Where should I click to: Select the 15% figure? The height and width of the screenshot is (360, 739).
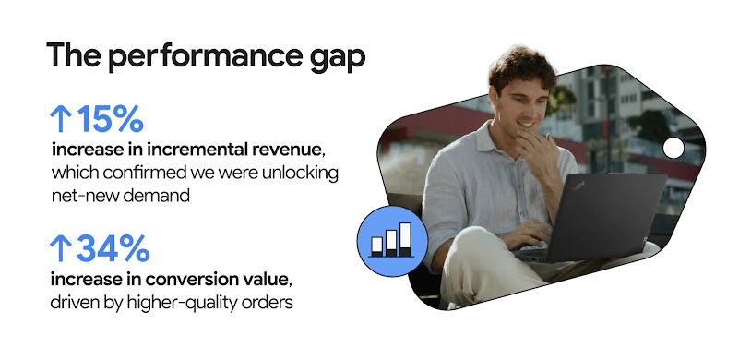click(x=110, y=119)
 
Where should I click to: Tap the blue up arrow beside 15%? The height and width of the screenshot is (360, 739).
click(x=59, y=119)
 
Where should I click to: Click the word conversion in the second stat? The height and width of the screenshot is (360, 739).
click(x=192, y=278)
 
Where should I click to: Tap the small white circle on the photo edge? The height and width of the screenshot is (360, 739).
click(x=673, y=147)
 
